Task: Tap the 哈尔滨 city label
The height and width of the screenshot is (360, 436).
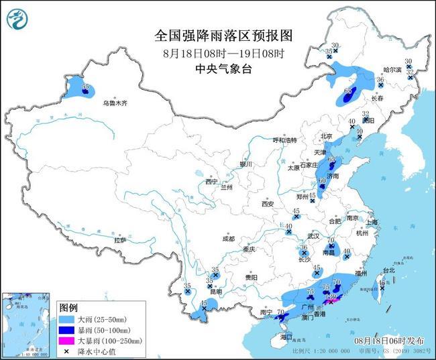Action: [x=394, y=70]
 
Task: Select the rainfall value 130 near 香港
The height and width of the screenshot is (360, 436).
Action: [x=331, y=296]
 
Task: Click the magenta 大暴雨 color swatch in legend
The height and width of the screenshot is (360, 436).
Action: [x=68, y=341]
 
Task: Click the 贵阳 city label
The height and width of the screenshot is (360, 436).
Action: [x=251, y=277]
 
